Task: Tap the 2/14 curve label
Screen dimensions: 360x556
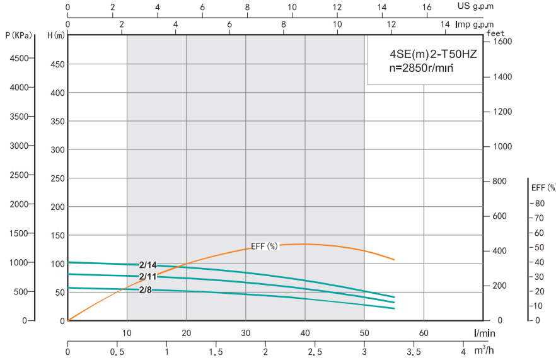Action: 148,265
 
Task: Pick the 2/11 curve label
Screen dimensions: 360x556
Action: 148,277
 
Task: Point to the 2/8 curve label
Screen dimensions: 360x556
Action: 146,289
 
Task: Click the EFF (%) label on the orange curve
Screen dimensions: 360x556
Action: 264,246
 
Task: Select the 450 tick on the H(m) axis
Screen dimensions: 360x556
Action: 57,64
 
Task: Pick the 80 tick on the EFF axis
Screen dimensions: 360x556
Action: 540,203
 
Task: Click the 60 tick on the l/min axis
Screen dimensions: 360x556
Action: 424,332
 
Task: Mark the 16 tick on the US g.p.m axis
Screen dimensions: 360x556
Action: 427,7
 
